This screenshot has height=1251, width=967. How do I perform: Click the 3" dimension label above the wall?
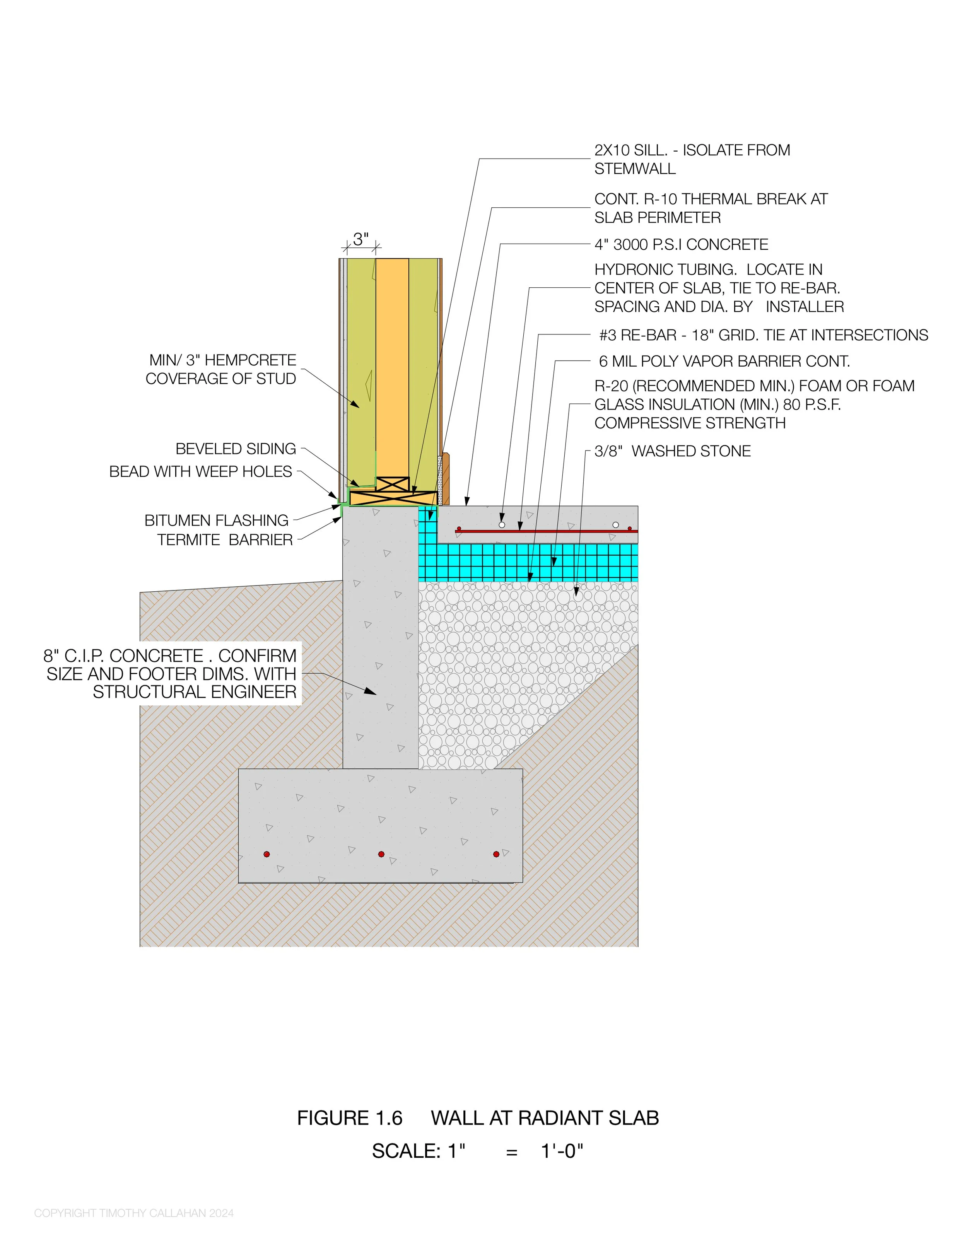[x=360, y=239]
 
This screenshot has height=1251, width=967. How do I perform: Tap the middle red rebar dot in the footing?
[x=381, y=854]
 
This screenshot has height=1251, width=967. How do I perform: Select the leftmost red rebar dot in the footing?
[x=267, y=854]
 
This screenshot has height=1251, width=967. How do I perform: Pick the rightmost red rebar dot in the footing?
[x=496, y=854]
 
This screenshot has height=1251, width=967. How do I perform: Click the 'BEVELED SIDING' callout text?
[x=236, y=449]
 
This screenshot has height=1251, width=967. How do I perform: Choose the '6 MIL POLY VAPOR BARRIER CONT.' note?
[x=724, y=362]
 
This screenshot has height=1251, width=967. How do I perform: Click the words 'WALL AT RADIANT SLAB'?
[x=545, y=1118]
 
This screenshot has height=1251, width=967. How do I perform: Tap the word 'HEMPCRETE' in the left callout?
[x=250, y=360]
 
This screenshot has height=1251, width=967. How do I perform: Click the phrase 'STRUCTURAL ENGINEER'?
[x=195, y=692]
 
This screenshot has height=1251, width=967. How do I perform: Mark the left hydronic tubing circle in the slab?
[x=502, y=525]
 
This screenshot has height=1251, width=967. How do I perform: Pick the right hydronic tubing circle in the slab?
[x=616, y=525]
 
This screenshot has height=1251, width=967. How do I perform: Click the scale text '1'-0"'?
[x=562, y=1151]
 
